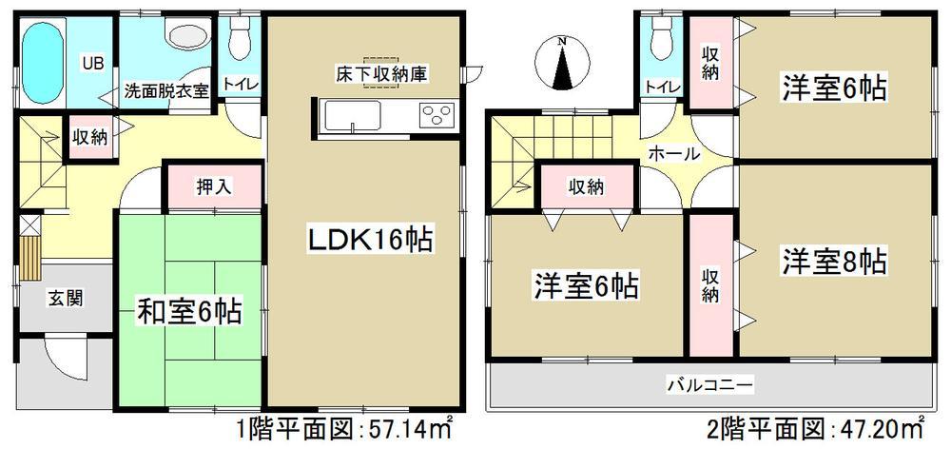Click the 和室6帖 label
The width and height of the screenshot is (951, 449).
188,310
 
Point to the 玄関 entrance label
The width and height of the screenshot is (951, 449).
65,298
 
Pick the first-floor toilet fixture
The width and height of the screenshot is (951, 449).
237,42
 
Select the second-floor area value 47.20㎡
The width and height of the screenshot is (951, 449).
886,426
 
